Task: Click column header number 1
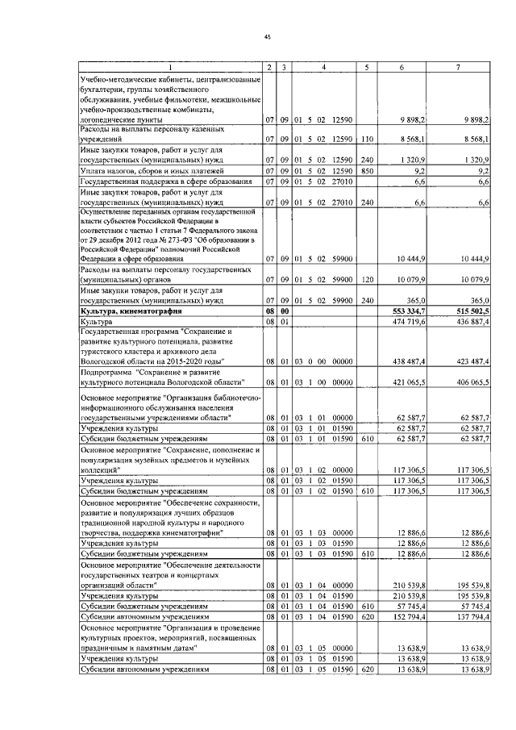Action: click(x=170, y=66)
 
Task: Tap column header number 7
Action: click(x=458, y=66)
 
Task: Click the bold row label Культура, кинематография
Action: click(x=131, y=310)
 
